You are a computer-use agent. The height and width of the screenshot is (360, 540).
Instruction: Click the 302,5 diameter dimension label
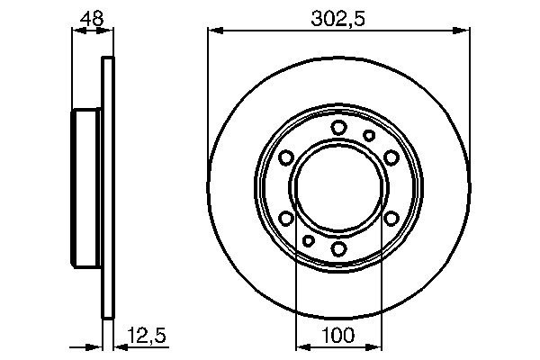click(337, 19)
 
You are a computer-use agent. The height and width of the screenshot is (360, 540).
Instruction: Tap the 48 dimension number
click(92, 18)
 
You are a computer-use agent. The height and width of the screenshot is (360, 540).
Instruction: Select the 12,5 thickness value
click(147, 335)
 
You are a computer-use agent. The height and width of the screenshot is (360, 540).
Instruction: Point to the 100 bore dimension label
click(338, 335)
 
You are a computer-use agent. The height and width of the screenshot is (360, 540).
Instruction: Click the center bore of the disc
click(339, 186)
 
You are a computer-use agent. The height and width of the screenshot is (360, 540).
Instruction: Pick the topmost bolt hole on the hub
click(338, 127)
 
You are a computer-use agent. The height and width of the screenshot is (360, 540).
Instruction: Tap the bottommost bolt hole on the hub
click(339, 248)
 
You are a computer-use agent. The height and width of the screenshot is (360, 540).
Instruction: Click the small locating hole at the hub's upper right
click(369, 135)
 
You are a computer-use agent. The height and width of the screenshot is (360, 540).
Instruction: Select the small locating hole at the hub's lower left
click(308, 240)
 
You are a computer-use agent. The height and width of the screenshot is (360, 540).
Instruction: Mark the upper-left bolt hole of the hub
click(286, 157)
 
